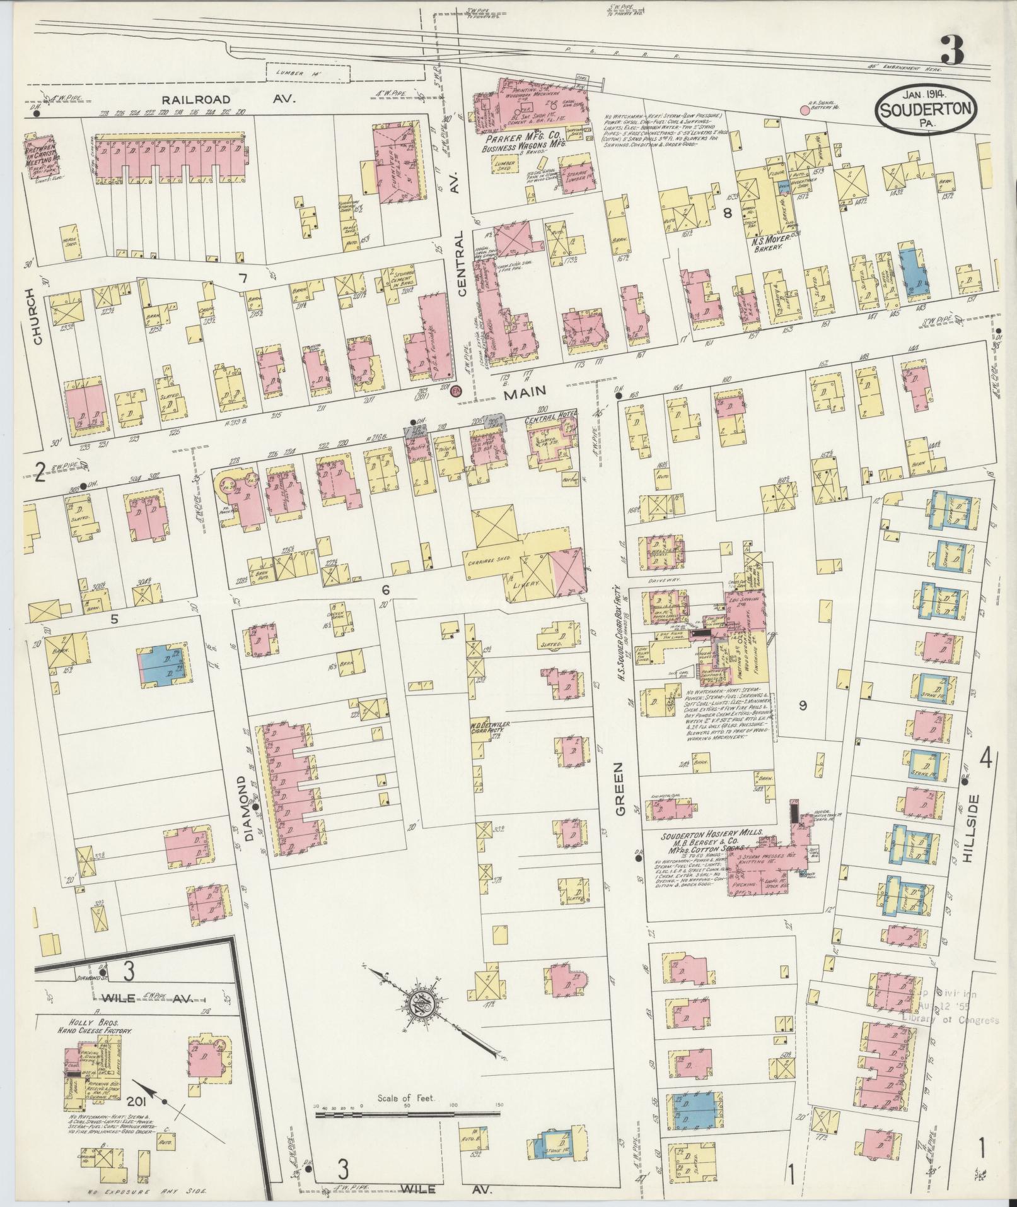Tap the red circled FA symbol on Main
(456, 392)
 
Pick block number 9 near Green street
(803, 705)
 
